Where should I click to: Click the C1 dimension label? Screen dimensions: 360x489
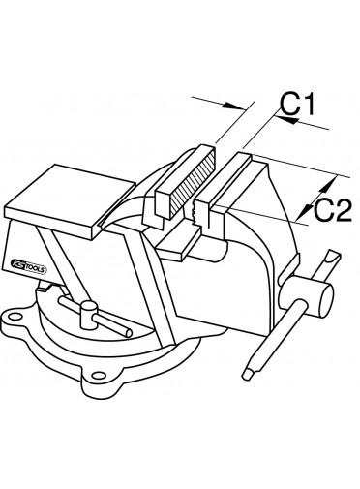coord(296,105)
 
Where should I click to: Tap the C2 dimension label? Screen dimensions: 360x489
coord(332,211)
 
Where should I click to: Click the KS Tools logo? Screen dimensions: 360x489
coord(28,264)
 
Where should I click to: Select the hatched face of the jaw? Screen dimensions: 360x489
coord(193,184)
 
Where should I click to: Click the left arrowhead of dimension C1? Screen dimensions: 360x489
coord(233,106)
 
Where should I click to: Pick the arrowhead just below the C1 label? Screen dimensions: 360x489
coord(288,120)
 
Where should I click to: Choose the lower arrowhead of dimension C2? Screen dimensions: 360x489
coord(304,211)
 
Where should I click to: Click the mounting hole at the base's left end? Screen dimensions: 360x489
coord(14,316)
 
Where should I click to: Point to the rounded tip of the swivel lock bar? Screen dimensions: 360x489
coord(128,333)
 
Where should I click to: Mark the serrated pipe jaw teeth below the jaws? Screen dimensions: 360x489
coord(195,211)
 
